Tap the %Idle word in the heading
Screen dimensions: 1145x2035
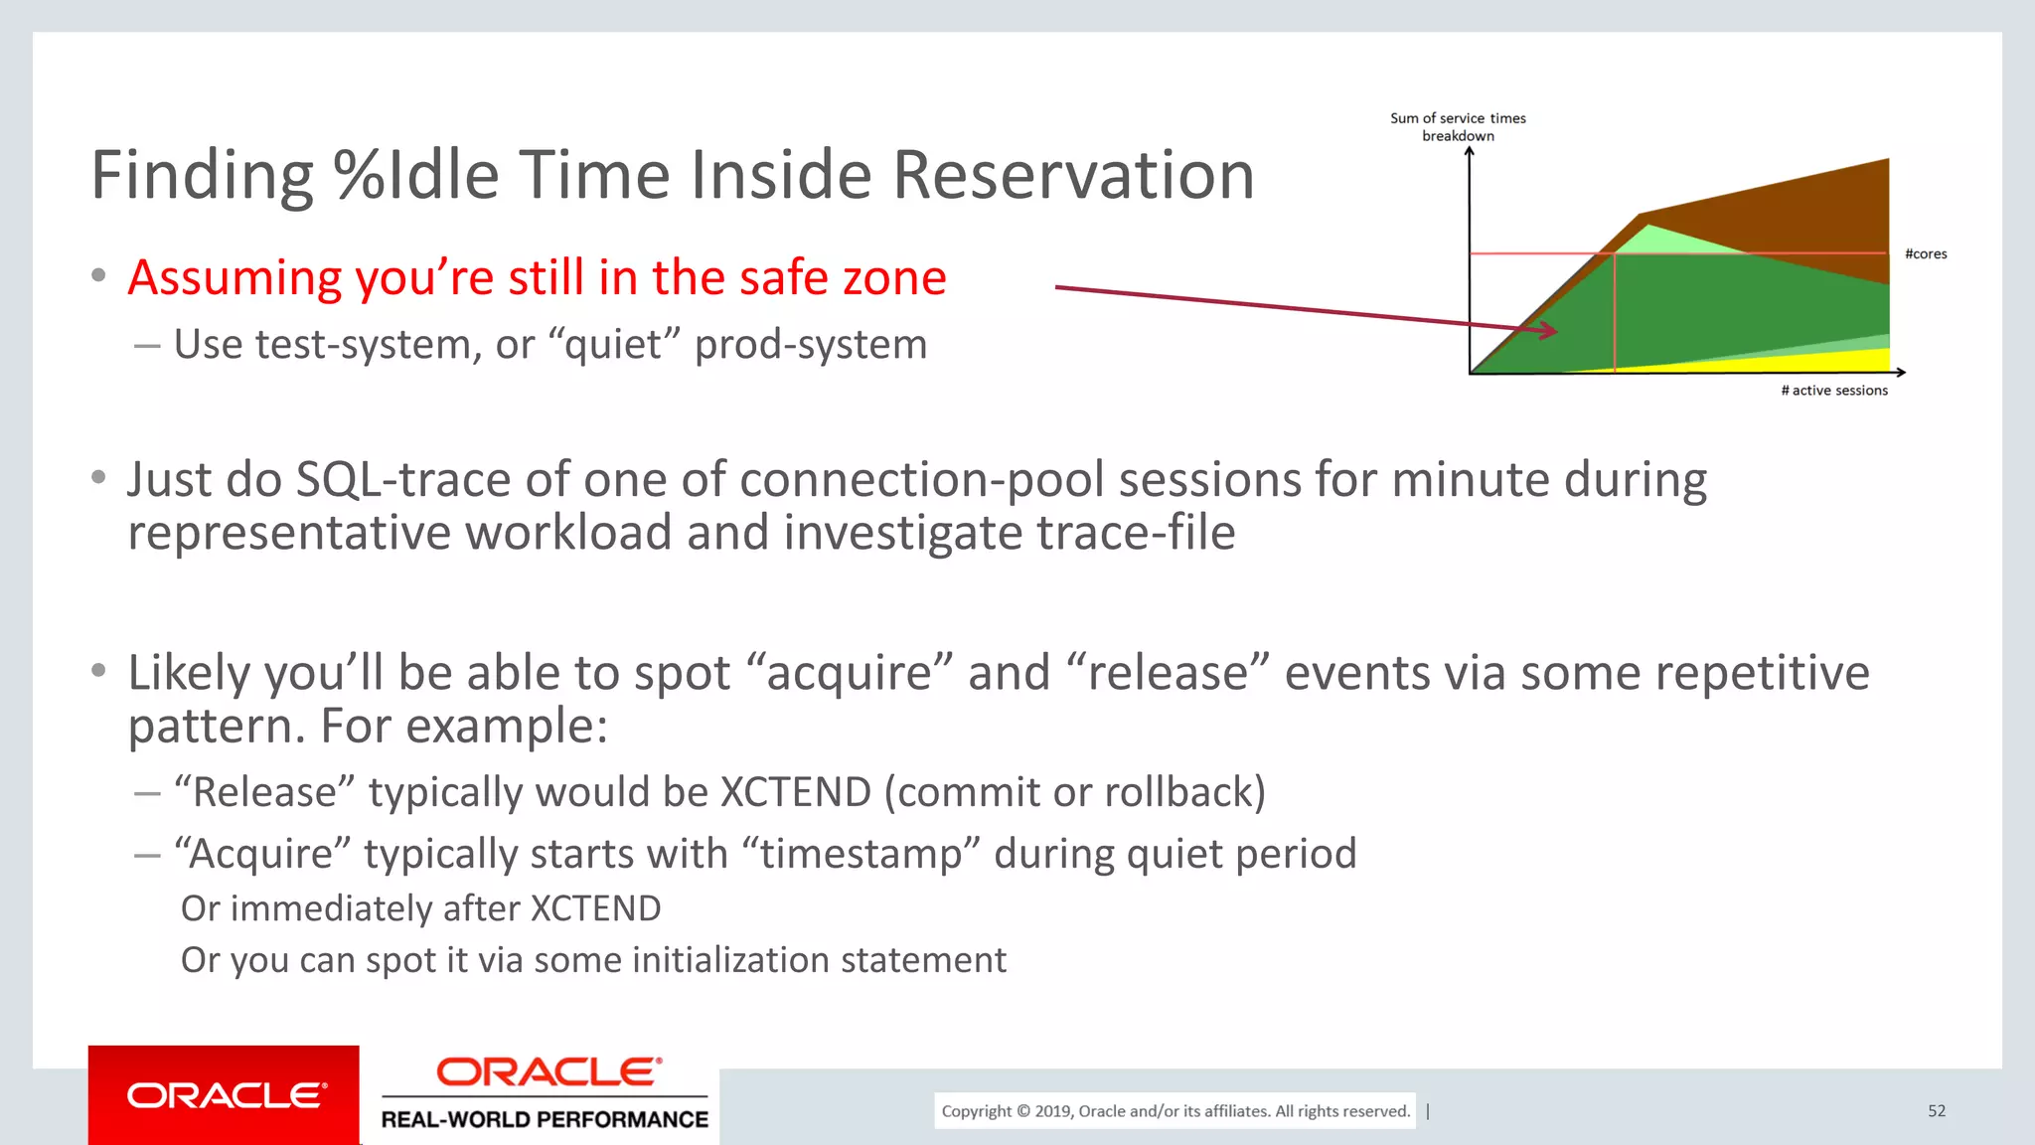tap(416, 176)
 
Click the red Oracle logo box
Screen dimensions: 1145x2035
tap(224, 1094)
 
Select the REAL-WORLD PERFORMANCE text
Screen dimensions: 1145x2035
tap(545, 1119)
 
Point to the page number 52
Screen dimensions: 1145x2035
tap(1936, 1111)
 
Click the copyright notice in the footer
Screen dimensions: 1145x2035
tap(1174, 1111)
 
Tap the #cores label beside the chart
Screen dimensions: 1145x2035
tap(1925, 254)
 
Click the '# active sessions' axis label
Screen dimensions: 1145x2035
tap(1833, 391)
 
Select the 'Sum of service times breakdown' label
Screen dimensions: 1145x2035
tap(1458, 126)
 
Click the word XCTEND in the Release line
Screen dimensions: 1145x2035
tap(795, 792)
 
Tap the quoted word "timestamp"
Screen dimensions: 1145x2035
tap(861, 854)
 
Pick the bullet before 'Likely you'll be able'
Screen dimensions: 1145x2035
tap(98, 671)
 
